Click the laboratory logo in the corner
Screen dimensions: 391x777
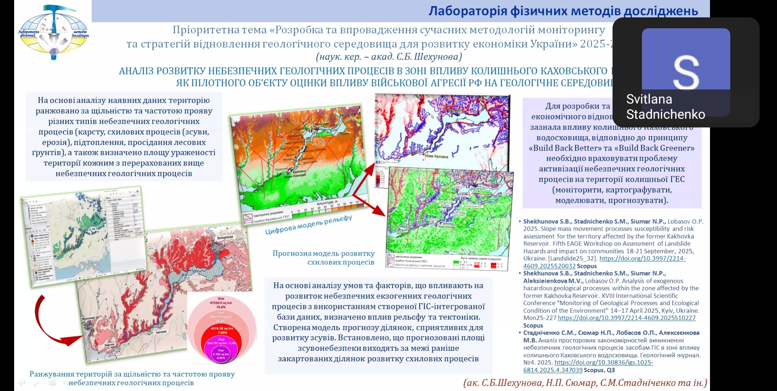[x=53, y=32]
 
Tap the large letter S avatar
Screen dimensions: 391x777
[x=686, y=72]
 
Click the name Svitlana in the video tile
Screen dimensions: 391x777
[x=649, y=99]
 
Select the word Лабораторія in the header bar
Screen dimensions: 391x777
[x=468, y=11]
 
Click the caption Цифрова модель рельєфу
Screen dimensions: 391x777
[x=308, y=225]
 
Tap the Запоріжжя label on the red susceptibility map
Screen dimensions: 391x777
[x=225, y=238]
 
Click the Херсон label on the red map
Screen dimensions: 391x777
[x=109, y=345]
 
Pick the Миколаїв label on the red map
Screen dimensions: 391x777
[x=88, y=319]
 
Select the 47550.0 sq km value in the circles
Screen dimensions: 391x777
[x=221, y=303]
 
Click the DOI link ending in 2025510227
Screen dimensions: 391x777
[x=626, y=318]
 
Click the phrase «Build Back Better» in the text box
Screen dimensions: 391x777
[x=565, y=148]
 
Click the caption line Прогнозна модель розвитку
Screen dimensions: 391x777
[x=323, y=253]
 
